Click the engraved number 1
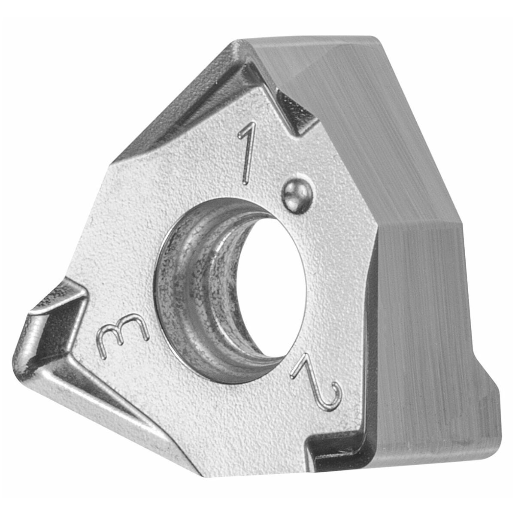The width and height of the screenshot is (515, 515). coord(247,155)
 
